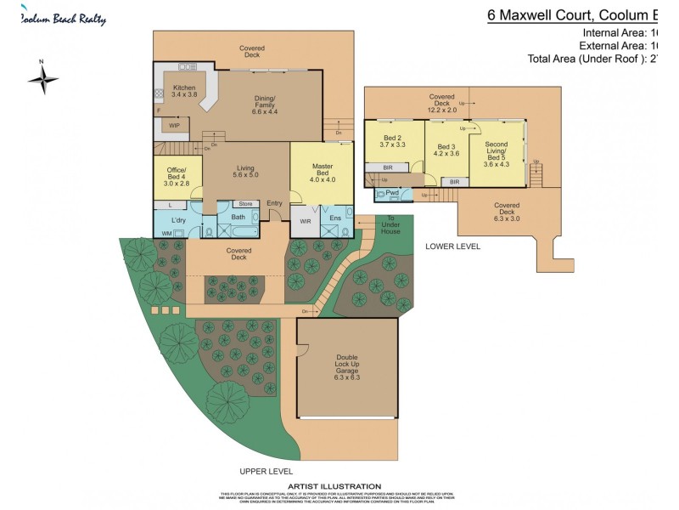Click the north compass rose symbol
(x=42, y=80)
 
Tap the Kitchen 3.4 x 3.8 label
(x=184, y=92)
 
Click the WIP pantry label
(x=174, y=125)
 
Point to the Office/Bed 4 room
(x=177, y=176)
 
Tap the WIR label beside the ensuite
(x=306, y=222)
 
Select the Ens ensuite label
(x=336, y=222)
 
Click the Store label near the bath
(x=245, y=204)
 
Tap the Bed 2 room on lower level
(x=392, y=141)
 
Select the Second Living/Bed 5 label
(x=496, y=154)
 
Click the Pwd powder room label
(x=392, y=194)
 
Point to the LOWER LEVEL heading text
(x=452, y=246)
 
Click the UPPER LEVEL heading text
(x=266, y=471)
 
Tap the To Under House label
(x=390, y=225)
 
